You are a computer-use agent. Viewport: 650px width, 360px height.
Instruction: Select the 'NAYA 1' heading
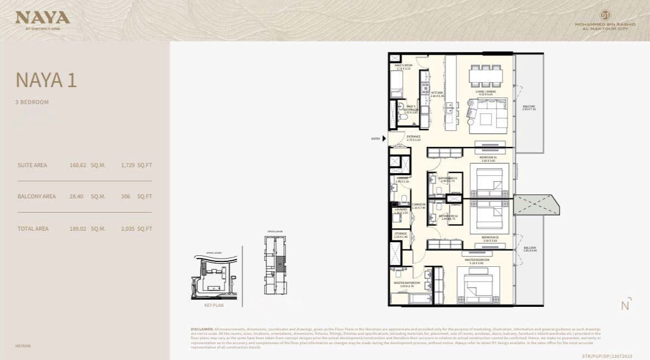[46, 81]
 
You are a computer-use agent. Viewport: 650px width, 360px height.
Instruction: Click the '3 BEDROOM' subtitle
[32, 102]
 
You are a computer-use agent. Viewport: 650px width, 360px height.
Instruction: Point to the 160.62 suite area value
[78, 165]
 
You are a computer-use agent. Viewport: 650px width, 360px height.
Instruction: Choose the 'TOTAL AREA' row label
[33, 228]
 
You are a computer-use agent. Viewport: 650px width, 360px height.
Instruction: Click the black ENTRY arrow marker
[384, 139]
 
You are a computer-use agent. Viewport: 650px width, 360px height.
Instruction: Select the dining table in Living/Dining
[486, 76]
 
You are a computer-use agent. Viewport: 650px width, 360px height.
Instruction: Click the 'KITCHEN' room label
[437, 93]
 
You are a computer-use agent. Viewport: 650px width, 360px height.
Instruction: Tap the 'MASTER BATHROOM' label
[407, 283]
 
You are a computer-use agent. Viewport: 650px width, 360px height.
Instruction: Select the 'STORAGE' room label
[401, 234]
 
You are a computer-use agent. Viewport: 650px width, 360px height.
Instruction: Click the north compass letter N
[625, 306]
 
